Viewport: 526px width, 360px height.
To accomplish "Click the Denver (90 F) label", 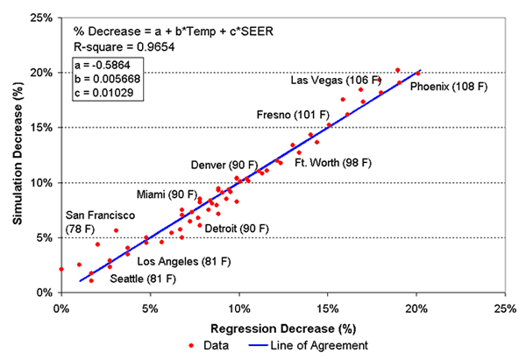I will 224,165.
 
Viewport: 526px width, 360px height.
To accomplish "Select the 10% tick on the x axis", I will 238,307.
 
